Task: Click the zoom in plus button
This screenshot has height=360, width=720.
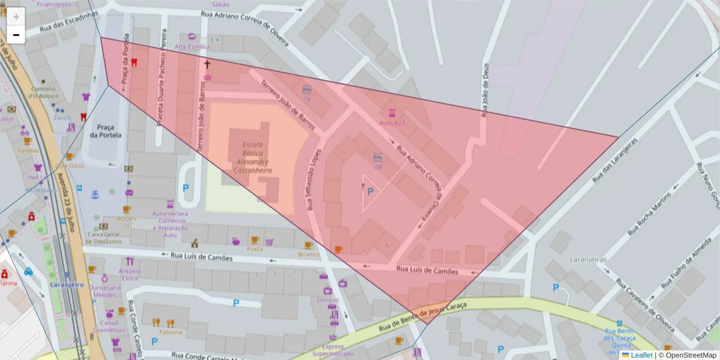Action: [16, 17]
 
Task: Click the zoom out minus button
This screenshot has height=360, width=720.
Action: [16, 35]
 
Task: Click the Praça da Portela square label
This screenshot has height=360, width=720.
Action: [105, 131]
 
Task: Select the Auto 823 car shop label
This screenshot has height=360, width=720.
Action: [392, 122]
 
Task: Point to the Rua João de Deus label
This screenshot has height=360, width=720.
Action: [485, 89]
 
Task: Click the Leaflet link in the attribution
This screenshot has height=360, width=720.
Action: [641, 355]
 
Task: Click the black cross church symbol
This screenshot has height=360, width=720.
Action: [208, 64]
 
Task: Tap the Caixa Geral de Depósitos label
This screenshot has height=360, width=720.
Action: [104, 238]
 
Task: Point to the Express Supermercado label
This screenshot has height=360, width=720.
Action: [332, 350]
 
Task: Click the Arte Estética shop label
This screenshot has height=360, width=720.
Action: [192, 46]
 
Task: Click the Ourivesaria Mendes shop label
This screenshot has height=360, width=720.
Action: [105, 291]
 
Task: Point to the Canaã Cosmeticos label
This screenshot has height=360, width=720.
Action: [109, 326]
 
